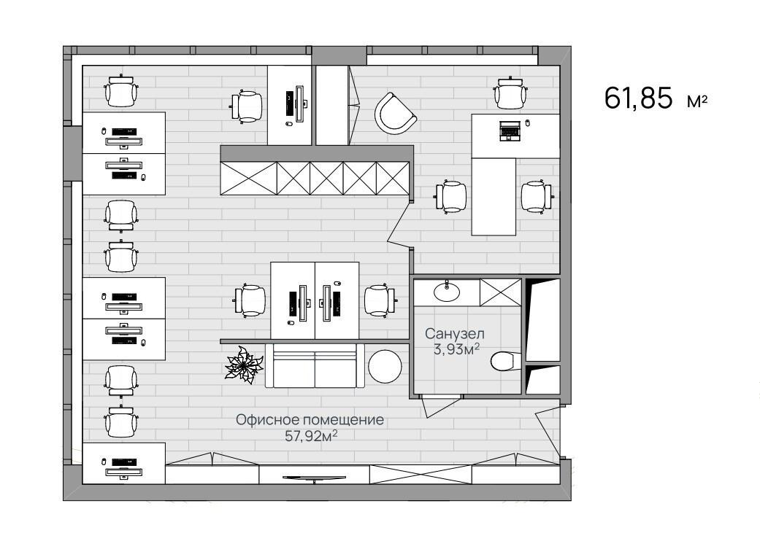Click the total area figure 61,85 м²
click(656, 98)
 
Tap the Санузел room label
click(455, 333)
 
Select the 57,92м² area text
click(311, 436)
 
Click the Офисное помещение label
click(310, 419)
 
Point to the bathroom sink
click(446, 291)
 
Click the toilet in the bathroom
click(505, 361)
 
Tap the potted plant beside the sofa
click(244, 365)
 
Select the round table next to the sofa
click(385, 366)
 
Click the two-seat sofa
click(315, 366)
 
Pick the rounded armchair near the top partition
click(394, 114)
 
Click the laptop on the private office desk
click(510, 131)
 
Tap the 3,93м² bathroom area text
click(456, 349)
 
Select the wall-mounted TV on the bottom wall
click(315, 478)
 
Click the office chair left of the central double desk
click(250, 300)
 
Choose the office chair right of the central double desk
click(380, 300)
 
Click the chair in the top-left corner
click(120, 91)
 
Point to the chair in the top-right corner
click(510, 92)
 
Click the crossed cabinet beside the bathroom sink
click(501, 292)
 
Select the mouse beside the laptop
click(528, 123)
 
